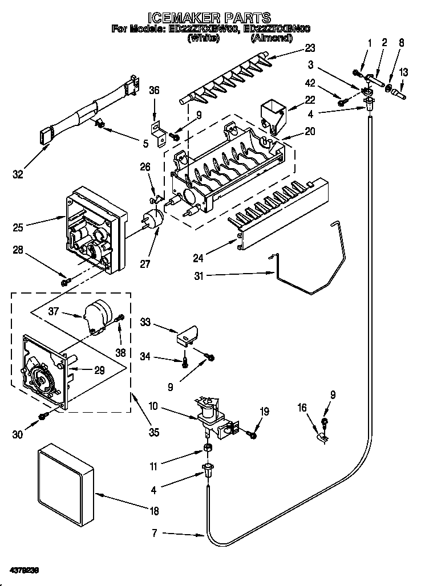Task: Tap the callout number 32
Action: coord(18,174)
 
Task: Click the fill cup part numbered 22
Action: coord(272,115)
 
